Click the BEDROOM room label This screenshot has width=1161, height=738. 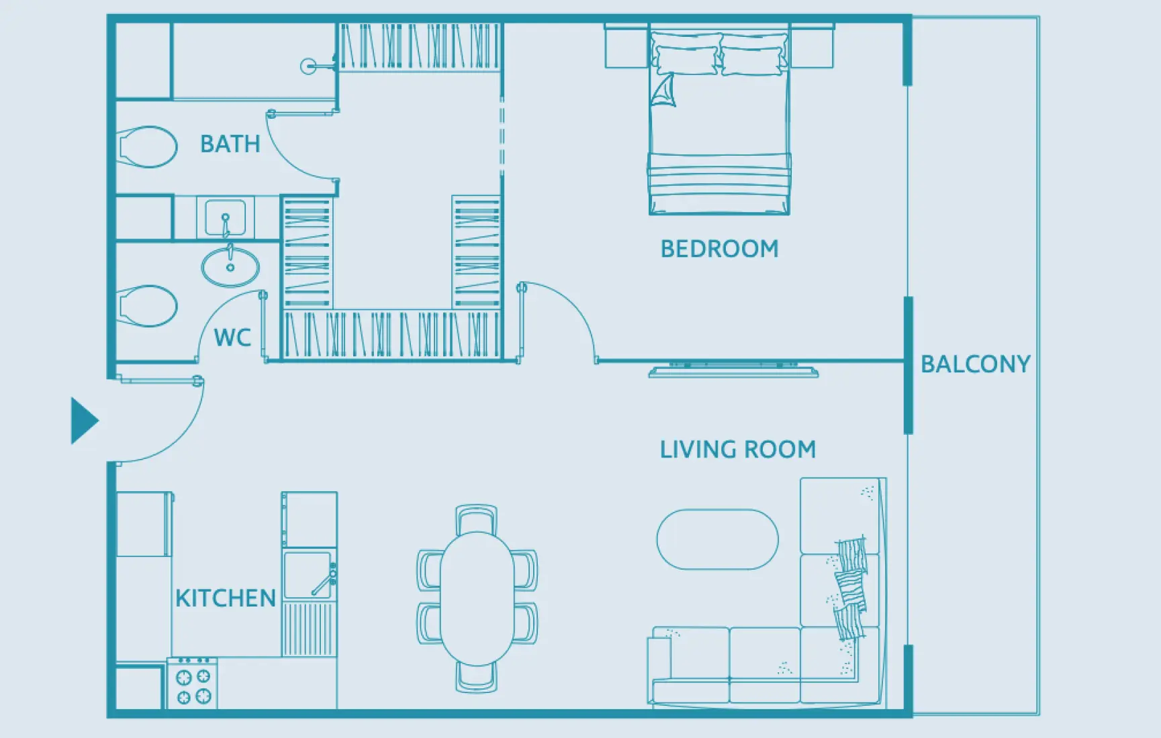719,249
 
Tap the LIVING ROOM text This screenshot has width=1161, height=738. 737,450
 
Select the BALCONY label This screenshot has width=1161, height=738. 975,364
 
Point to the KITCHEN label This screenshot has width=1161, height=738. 226,598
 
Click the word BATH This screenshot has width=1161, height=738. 230,144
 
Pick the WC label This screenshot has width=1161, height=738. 232,337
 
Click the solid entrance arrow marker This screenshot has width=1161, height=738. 84,421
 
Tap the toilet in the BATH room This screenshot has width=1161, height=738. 147,146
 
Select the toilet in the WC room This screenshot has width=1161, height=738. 147,306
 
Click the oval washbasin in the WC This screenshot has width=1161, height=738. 230,266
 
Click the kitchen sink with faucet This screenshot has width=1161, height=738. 308,574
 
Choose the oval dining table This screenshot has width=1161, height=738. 477,598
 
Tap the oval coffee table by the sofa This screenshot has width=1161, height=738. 717,539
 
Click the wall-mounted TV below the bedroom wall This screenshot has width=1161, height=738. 733,370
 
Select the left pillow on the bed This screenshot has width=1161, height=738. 686,59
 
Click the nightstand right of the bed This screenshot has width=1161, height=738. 812,46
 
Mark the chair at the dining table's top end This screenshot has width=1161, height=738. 477,518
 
